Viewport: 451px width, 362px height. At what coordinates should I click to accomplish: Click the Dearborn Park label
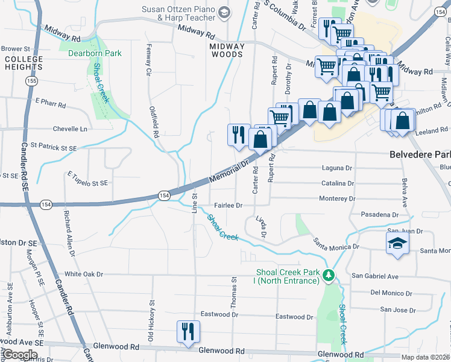[95, 53]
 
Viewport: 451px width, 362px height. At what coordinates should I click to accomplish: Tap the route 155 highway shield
[30, 80]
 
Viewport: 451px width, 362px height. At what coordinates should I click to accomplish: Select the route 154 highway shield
[164, 195]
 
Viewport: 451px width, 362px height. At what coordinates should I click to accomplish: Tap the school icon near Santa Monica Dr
[398, 244]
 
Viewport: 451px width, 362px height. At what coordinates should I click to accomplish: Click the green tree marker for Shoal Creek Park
[329, 276]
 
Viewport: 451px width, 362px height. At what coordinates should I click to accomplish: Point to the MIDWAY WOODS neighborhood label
[226, 50]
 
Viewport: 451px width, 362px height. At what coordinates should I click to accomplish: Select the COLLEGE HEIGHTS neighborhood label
[24, 63]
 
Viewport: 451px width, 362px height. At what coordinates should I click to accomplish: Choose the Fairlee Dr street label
[226, 205]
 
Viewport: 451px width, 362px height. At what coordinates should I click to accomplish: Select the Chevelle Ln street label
[70, 129]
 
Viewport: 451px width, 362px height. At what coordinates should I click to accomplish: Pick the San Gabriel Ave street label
[375, 276]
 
